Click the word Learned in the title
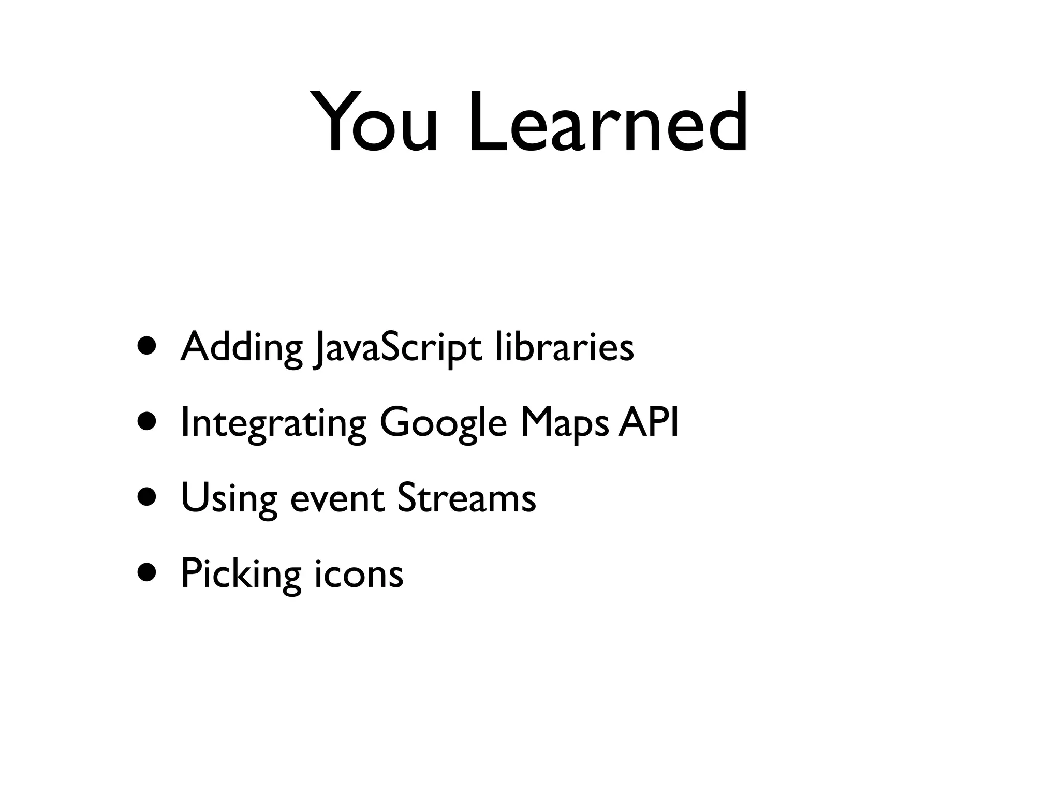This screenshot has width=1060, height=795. [608, 123]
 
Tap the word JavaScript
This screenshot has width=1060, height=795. [398, 348]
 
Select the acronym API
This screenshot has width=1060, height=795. [649, 421]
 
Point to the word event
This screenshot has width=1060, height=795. [337, 500]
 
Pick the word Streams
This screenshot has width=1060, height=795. [466, 498]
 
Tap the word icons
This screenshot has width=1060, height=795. [359, 575]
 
